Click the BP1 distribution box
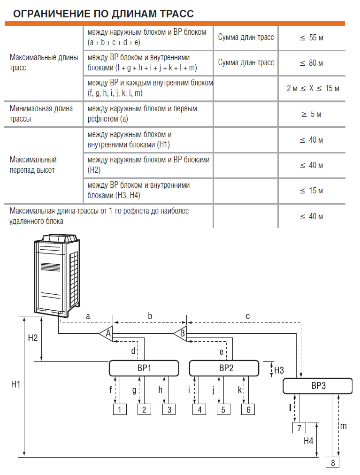tap(144, 368)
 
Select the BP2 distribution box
tap(224, 368)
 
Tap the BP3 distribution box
tap(318, 386)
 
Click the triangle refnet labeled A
tap(107, 334)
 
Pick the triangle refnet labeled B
tap(181, 334)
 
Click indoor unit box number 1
tap(120, 410)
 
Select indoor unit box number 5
tap(223, 410)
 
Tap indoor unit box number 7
tap(299, 428)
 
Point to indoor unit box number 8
tap(333, 463)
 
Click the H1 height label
tap(15, 384)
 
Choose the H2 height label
tap(33, 338)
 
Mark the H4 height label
tap(308, 441)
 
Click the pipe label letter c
tap(248, 316)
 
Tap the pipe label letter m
tap(343, 426)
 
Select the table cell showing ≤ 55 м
tap(312, 38)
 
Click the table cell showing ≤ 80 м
tap(312, 63)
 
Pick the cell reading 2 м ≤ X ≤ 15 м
tap(313, 88)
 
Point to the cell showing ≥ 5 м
tap(312, 114)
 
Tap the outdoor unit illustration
tap(57, 275)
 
